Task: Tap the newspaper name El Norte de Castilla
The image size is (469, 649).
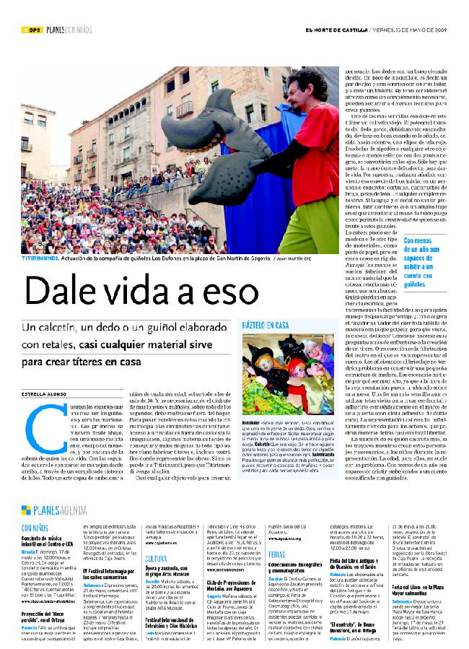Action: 336,30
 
